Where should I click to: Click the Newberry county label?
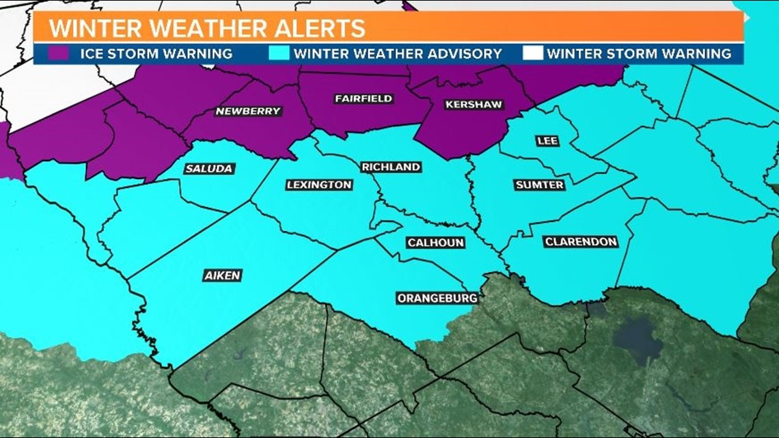[248, 111]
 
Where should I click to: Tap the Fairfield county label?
[364, 98]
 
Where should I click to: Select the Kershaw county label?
[474, 105]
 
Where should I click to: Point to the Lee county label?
[547, 141]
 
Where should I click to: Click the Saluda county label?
[209, 168]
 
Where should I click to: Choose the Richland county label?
[391, 167]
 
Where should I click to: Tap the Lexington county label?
[319, 184]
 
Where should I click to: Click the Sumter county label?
[540, 184]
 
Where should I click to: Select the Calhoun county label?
[436, 243]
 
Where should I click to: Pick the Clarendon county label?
[581, 242]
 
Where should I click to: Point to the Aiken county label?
[223, 275]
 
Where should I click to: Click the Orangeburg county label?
[437, 298]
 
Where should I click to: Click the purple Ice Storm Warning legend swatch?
[59, 53]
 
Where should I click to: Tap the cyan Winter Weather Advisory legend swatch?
[281, 53]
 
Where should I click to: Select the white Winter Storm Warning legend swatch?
[532, 53]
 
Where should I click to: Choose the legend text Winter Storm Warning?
[639, 53]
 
